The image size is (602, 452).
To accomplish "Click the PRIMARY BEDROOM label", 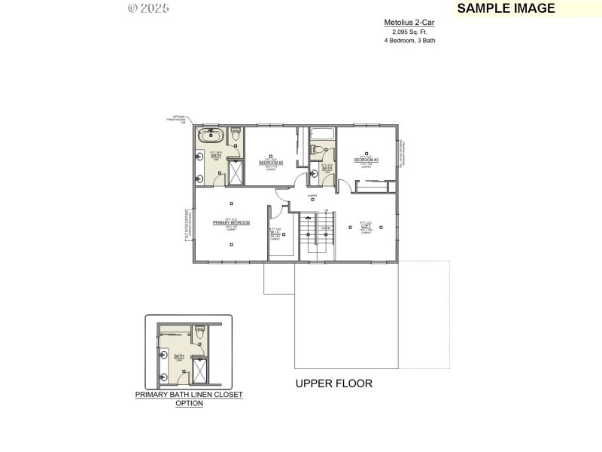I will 231,223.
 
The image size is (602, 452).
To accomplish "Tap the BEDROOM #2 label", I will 271,163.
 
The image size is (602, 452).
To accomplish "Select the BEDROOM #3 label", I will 366,160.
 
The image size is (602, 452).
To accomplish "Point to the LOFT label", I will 366,224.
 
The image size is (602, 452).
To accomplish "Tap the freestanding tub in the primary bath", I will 210,137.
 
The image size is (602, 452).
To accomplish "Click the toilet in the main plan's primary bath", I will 235,136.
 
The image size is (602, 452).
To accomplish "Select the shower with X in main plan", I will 235,173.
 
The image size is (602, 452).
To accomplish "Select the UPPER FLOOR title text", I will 333,383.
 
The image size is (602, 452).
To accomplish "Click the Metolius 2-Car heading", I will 409,23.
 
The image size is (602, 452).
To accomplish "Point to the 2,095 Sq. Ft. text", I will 409,32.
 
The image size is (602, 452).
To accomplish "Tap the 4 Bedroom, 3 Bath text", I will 409,40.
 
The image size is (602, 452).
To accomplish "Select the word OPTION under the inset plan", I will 189,403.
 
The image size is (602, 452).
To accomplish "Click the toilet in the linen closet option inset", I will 199,331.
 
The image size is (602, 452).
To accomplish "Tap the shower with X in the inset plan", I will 202,369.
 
